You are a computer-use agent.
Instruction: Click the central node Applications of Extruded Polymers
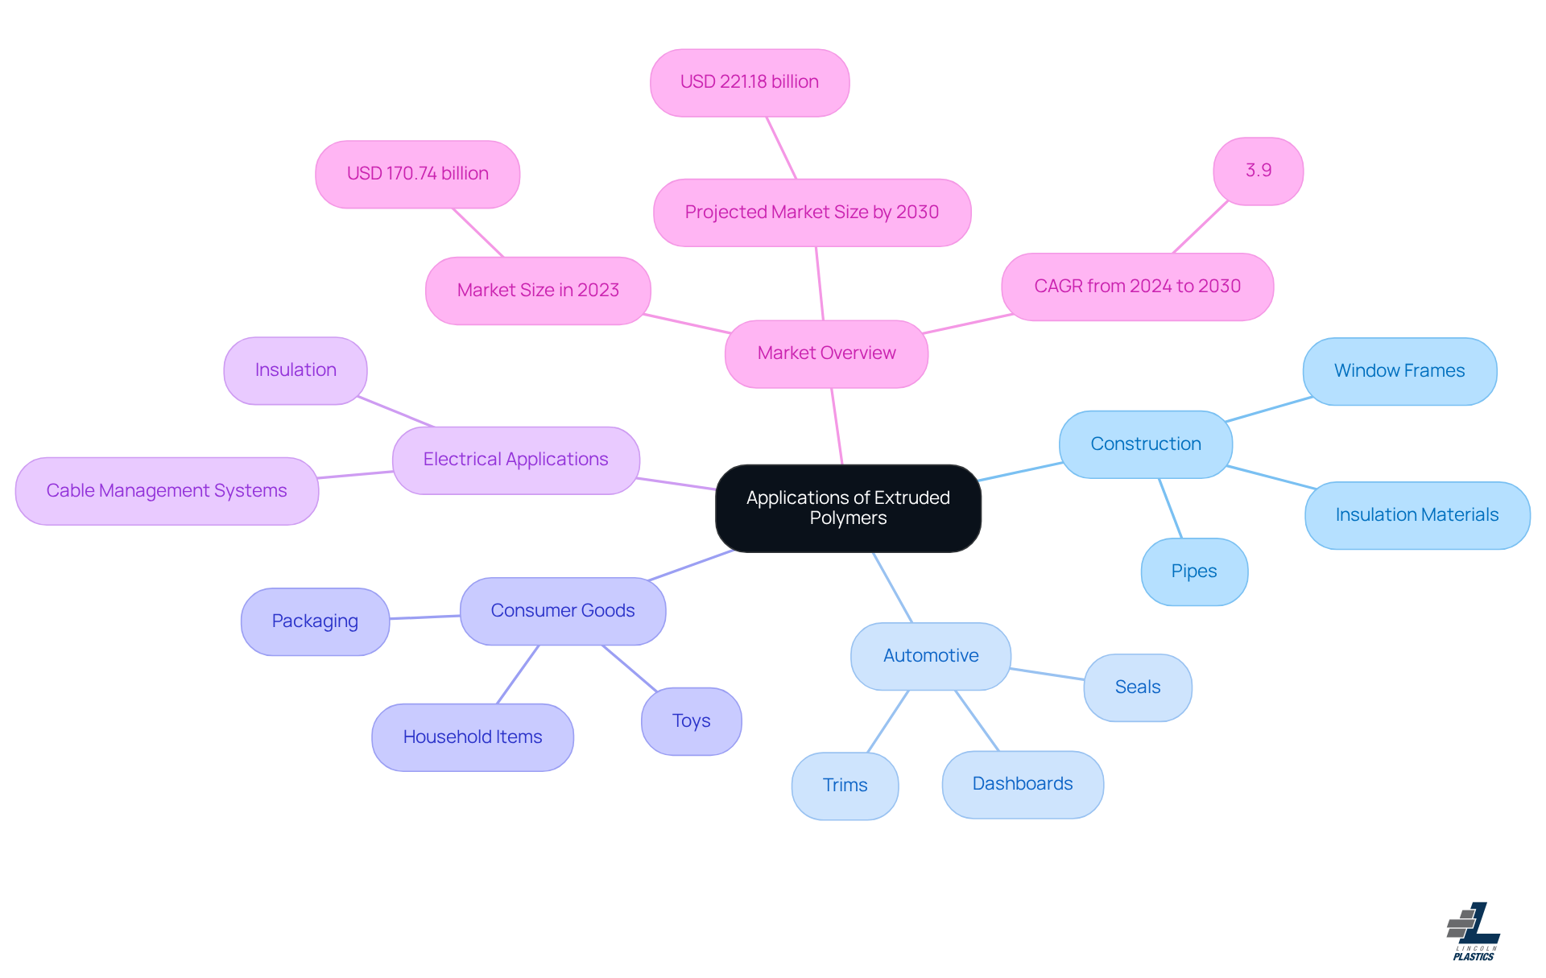coord(848,508)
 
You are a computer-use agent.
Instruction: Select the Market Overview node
coord(826,353)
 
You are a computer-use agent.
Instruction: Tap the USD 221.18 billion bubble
coord(749,82)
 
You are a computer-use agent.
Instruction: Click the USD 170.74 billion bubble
coord(417,174)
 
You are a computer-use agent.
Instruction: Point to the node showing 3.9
coord(1258,171)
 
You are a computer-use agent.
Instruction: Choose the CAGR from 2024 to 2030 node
coord(1137,287)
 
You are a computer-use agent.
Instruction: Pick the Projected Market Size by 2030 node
coord(812,213)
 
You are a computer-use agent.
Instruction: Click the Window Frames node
coord(1399,371)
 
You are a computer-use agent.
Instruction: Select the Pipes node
coord(1194,572)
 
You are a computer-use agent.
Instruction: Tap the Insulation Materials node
coord(1417,515)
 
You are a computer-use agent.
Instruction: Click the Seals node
coord(1137,687)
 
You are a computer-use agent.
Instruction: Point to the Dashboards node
coord(1023,784)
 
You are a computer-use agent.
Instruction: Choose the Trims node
coord(845,786)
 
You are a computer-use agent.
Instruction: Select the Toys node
coord(691,721)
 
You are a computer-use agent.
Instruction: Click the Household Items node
coord(473,737)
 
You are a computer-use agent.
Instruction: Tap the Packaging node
coord(315,621)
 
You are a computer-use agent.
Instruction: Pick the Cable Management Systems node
coord(167,491)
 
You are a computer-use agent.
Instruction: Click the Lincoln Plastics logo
coord(1474,931)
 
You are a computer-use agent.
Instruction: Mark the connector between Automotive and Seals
coord(1047,674)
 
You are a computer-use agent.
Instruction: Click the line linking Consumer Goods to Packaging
coord(425,617)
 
